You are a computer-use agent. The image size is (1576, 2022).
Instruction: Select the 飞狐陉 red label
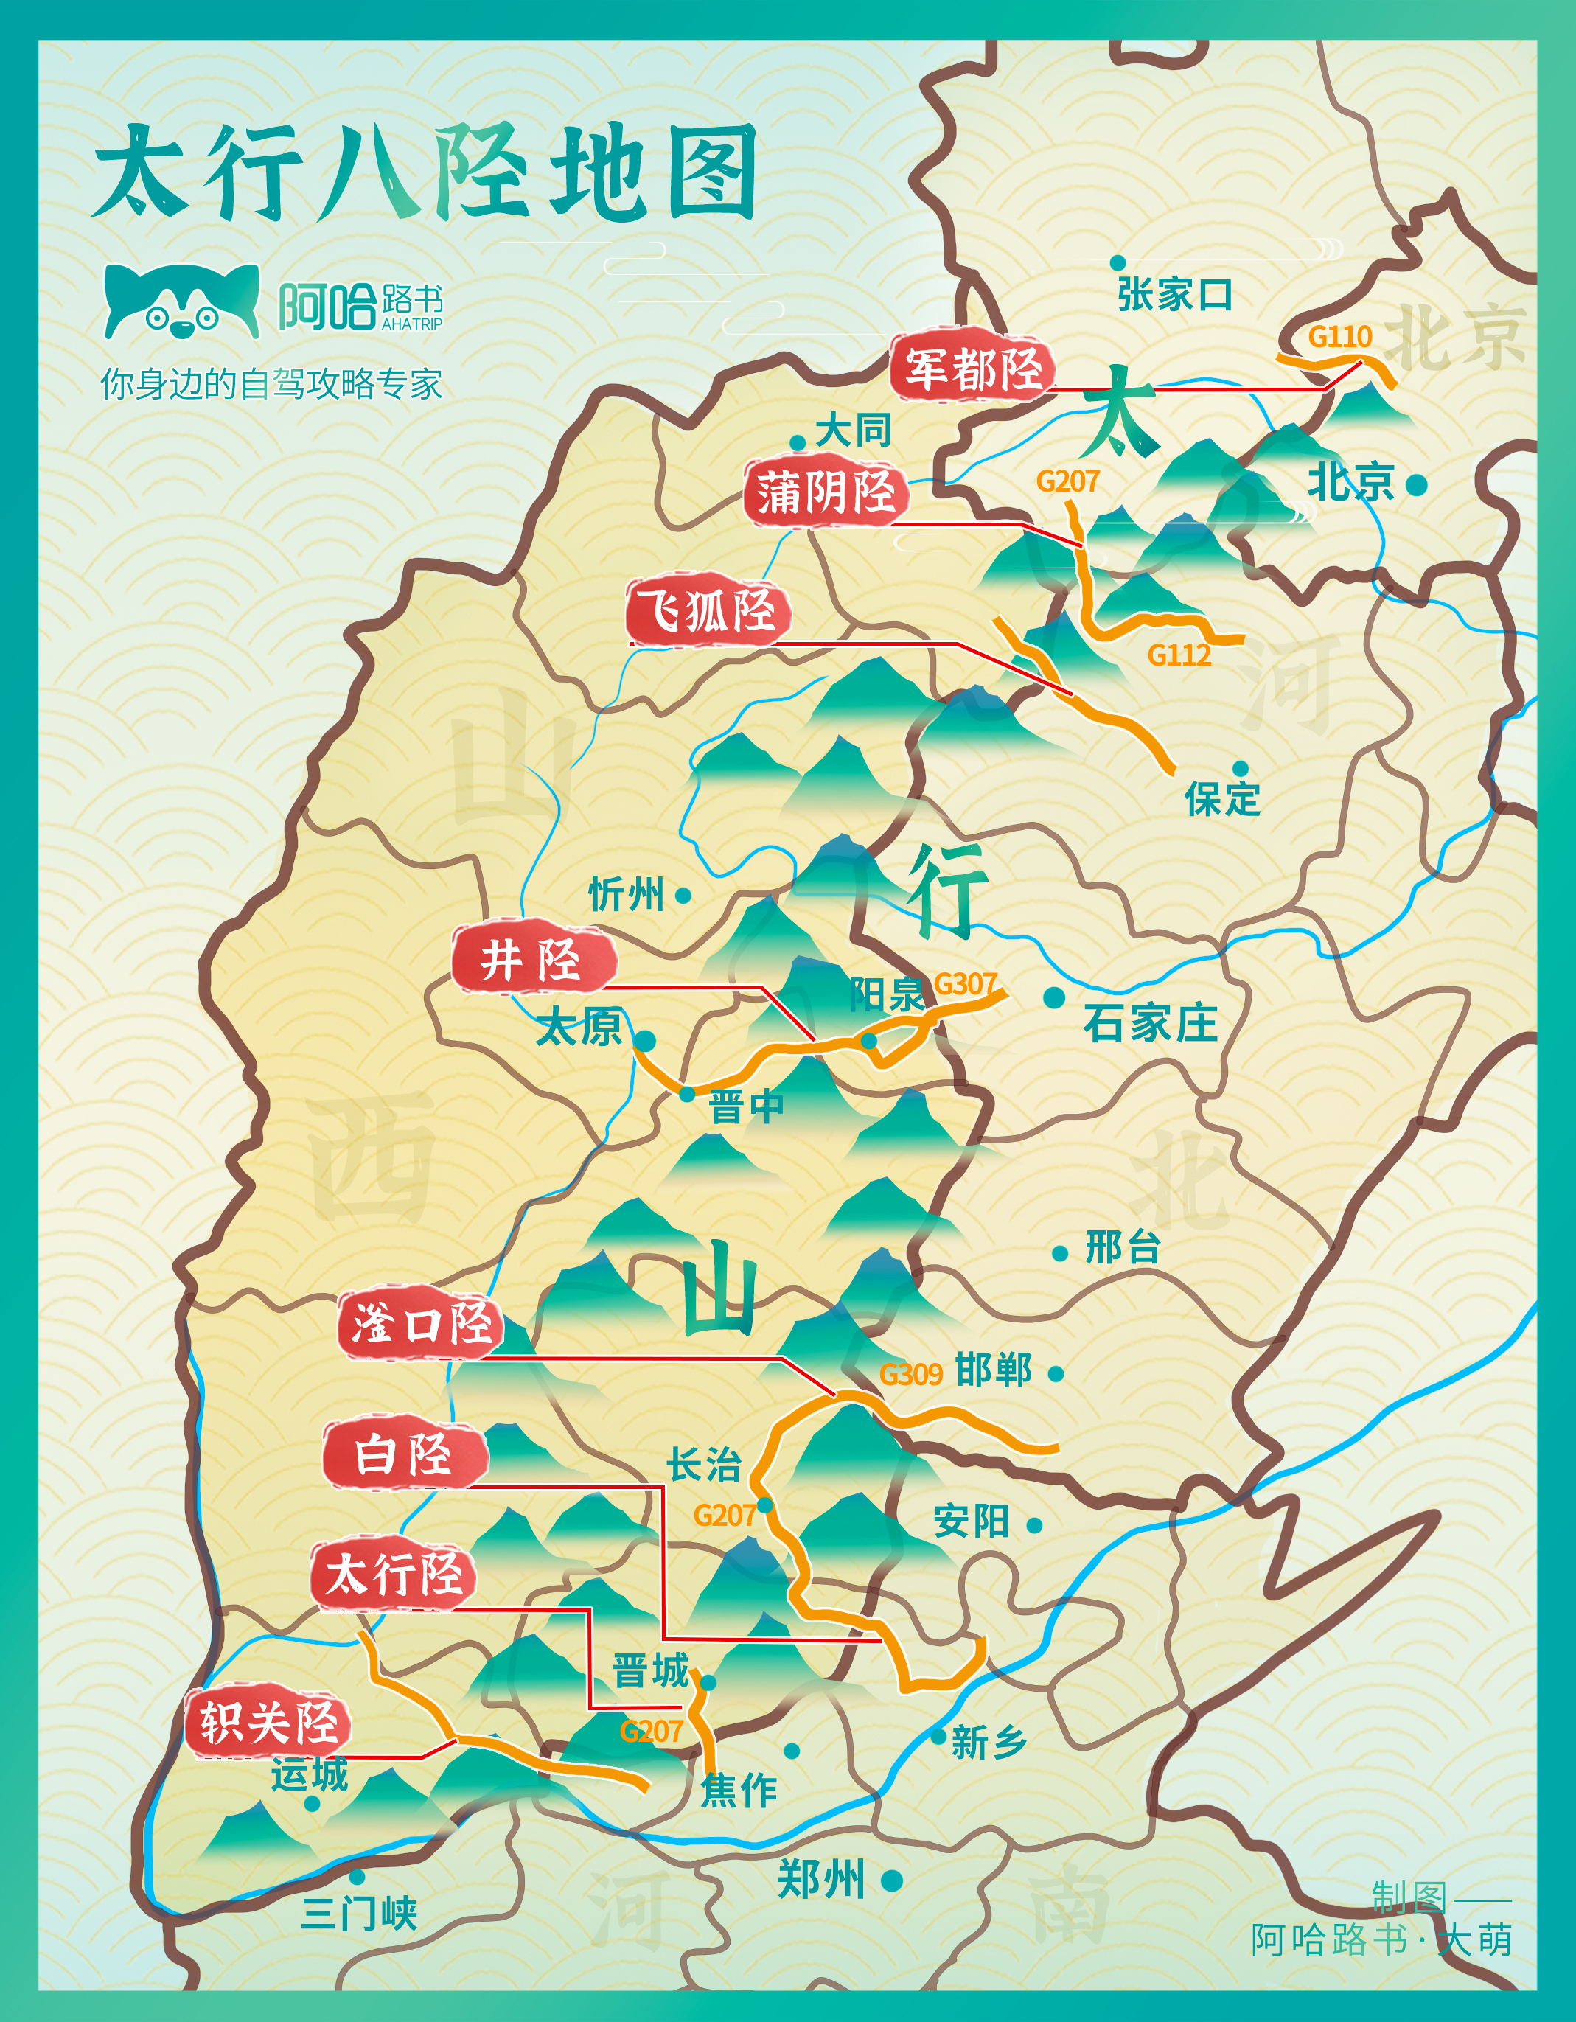709,610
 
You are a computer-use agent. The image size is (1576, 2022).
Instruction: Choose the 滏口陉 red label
422,1324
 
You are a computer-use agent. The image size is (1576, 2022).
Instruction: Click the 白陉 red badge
405,1454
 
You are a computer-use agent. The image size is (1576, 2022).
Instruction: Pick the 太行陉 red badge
394,1575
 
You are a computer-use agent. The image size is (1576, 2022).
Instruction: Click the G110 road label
1339,336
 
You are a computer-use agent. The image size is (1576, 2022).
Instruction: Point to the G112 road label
1179,655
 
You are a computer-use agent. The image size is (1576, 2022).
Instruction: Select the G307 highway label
965,983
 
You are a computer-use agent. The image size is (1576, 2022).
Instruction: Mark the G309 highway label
910,1374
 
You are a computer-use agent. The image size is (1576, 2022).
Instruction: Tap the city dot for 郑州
892,1880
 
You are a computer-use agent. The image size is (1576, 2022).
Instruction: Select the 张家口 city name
1175,296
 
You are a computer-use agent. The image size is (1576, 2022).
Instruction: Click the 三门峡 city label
359,1913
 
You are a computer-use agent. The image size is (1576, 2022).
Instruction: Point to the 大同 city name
853,430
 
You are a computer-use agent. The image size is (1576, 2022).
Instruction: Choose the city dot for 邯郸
1055,1374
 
